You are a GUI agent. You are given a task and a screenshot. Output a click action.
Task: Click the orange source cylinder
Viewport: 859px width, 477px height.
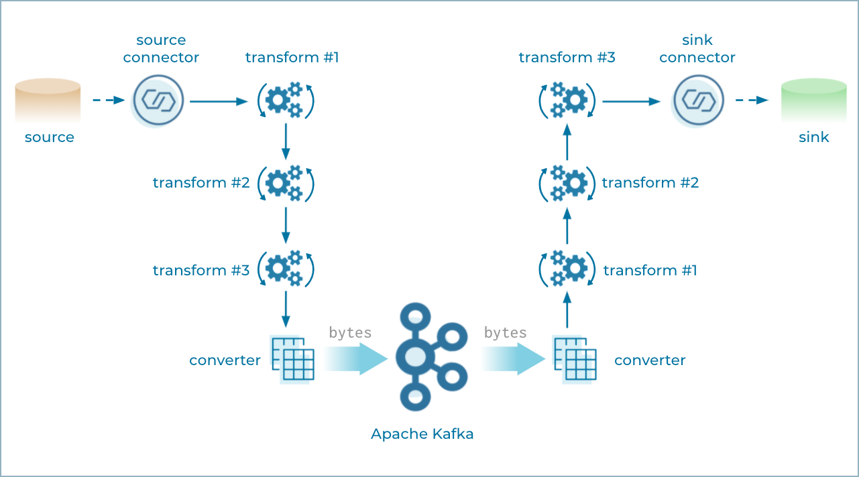tap(48, 100)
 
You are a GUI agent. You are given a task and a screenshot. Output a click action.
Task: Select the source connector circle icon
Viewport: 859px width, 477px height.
tap(158, 101)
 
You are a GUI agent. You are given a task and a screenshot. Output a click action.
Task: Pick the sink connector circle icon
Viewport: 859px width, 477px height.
tap(698, 101)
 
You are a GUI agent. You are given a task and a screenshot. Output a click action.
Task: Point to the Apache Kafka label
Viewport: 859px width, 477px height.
tap(422, 434)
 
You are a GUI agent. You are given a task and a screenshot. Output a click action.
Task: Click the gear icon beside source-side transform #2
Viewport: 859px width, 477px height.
tap(286, 183)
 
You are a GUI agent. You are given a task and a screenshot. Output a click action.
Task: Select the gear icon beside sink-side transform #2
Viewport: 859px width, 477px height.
tap(567, 183)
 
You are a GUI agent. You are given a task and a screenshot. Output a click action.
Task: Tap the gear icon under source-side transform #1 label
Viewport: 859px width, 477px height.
tap(286, 101)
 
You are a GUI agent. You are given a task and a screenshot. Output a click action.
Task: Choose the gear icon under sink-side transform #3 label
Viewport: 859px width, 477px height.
tap(567, 101)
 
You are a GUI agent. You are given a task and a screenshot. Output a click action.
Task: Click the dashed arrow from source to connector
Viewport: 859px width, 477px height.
tap(109, 100)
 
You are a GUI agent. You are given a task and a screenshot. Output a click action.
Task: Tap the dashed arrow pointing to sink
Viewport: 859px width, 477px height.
tap(752, 100)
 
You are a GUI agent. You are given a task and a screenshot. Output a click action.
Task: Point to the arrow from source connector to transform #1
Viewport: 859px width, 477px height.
tap(219, 102)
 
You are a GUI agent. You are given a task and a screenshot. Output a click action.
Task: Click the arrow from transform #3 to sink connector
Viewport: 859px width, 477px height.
tap(631, 102)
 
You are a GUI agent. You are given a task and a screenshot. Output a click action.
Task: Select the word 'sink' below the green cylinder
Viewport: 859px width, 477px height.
tap(814, 137)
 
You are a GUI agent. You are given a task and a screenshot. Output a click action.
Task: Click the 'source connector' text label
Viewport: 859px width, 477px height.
tap(161, 49)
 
